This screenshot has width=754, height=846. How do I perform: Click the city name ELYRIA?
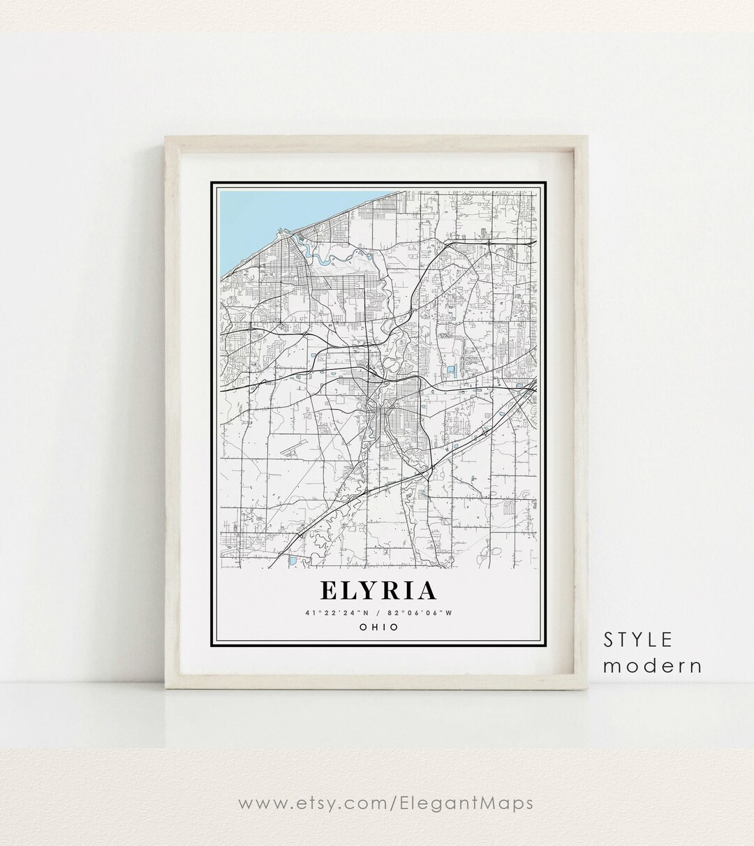378,591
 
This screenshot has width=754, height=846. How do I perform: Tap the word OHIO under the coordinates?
378,627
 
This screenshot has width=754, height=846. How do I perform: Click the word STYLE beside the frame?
638,639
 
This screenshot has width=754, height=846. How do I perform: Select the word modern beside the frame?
652,665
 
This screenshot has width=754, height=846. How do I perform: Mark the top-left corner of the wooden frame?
167,138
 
